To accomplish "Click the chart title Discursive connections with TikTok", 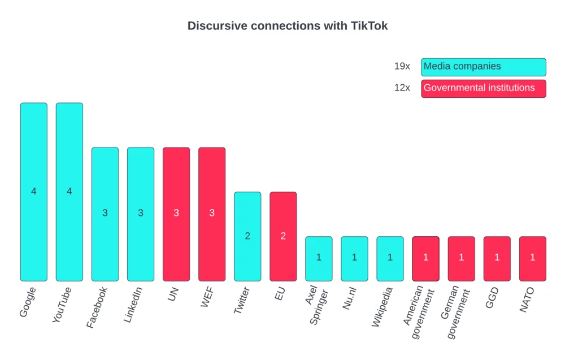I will coord(288,26).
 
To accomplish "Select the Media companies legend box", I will coord(483,67).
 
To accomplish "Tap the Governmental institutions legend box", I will coord(483,89).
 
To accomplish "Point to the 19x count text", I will coord(402,67).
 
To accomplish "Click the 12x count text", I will coord(402,88).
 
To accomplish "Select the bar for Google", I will coord(34,192).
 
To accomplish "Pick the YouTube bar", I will coord(69,192).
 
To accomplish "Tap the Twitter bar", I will coord(247,236).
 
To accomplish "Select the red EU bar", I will coord(283,236).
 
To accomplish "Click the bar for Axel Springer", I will coord(319,258).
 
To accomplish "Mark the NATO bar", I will coord(532,258).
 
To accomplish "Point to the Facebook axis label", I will coord(97,307).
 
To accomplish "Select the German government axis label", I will coord(458,314).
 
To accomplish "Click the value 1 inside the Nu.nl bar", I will coord(354,258).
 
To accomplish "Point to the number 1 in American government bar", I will coord(425,258).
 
